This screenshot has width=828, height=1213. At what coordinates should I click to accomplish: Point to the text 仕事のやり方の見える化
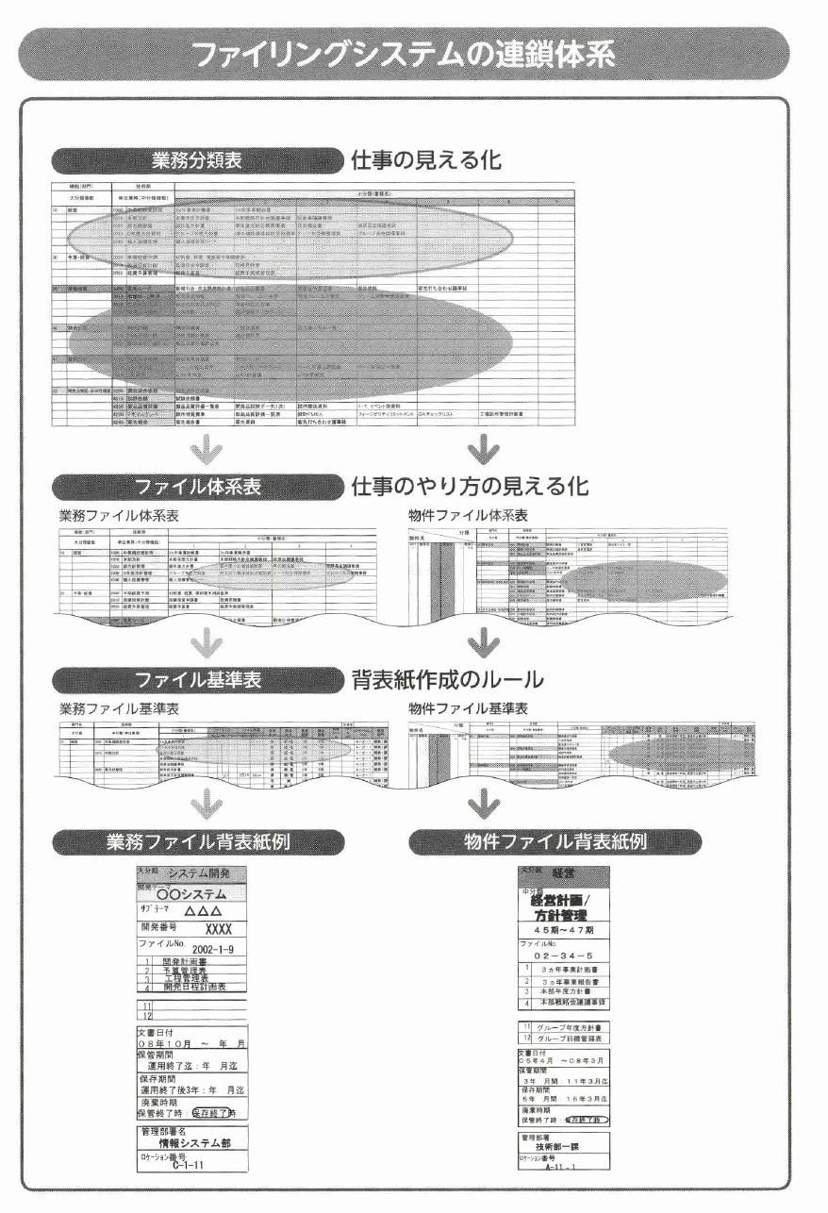[470, 487]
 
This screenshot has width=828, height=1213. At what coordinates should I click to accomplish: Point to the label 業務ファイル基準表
[119, 708]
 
